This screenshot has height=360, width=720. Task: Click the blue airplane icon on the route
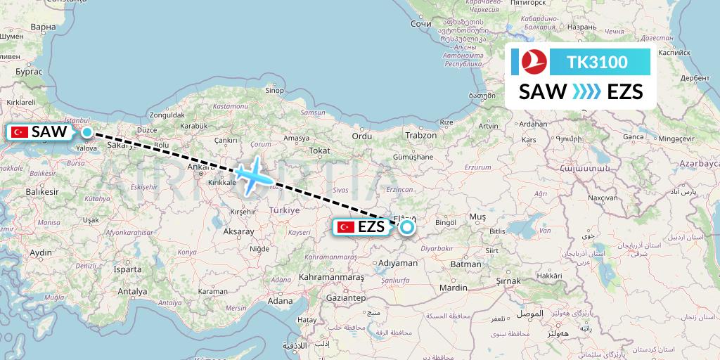(251, 175)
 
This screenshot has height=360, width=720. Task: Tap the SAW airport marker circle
(86, 131)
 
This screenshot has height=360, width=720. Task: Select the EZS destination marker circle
(406, 226)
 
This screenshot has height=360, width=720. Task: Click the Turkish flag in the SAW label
(20, 132)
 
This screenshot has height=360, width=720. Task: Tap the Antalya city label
(132, 291)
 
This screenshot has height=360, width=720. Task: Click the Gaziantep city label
(343, 298)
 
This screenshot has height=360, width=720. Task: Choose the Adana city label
(279, 301)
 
